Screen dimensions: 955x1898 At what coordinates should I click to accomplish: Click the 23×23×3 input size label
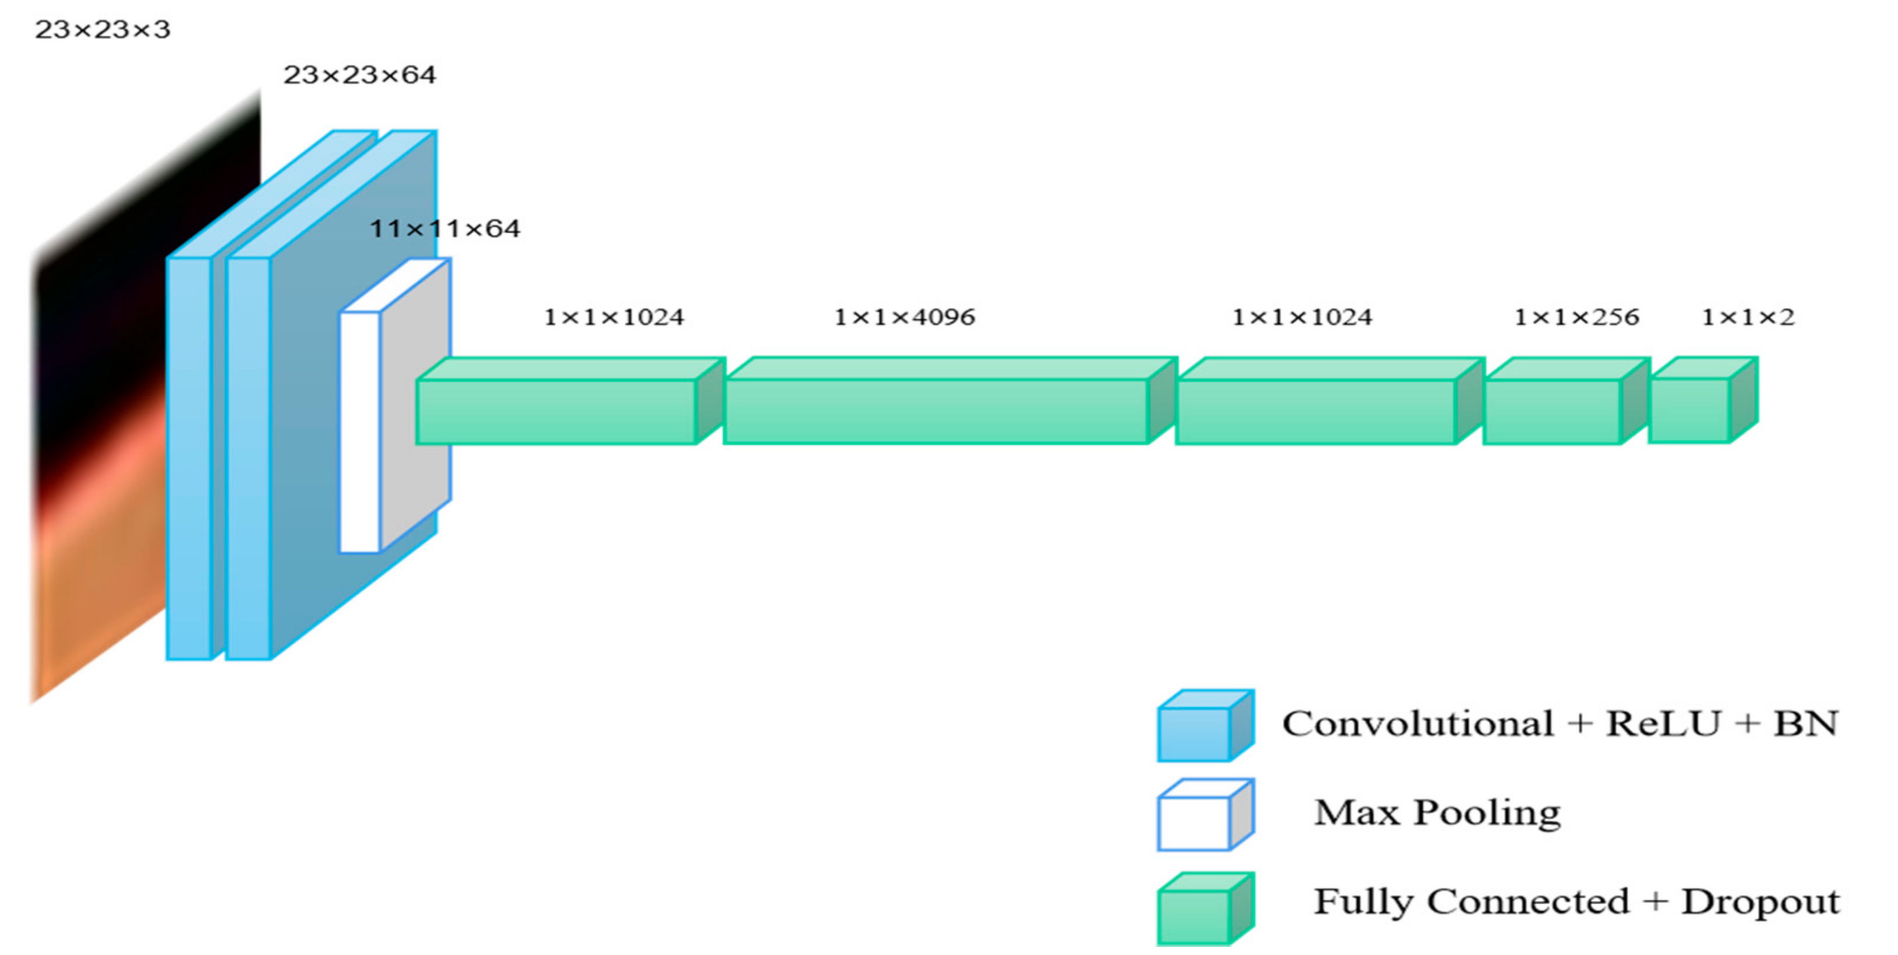pos(102,30)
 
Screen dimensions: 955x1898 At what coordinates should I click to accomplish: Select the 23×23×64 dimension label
pos(360,74)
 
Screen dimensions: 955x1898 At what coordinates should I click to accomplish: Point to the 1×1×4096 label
pos(904,318)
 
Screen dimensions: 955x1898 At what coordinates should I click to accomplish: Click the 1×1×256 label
pos(1576,318)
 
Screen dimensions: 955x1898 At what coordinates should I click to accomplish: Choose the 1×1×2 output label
pos(1748,318)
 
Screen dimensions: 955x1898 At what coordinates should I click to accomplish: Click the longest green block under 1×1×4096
pos(936,411)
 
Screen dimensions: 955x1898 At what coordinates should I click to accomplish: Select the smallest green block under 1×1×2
pos(1690,410)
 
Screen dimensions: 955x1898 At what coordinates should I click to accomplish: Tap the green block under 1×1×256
pos(1552,411)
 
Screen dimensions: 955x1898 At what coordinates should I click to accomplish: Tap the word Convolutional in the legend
pos(1418,724)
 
